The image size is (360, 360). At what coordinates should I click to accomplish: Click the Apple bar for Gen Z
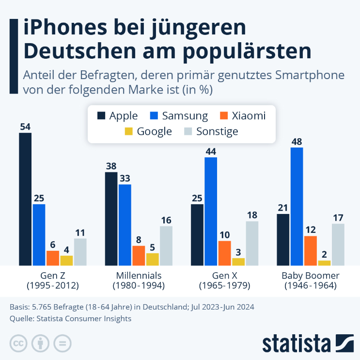click(25, 199)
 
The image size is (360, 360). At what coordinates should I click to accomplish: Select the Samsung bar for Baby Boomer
click(297, 206)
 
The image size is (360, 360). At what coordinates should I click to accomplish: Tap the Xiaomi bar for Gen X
click(224, 253)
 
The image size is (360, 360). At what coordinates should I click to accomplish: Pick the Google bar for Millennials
click(152, 259)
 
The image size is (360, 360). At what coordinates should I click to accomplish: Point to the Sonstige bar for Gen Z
click(80, 252)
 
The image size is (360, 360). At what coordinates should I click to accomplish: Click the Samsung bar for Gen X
click(211, 211)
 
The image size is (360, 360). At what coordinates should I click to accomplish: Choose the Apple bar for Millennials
click(111, 218)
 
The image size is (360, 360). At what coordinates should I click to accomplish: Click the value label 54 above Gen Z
click(25, 127)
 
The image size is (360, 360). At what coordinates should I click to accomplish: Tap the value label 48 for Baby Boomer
click(297, 141)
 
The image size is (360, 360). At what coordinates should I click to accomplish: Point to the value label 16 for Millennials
click(166, 220)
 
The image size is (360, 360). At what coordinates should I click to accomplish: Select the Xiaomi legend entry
click(242, 115)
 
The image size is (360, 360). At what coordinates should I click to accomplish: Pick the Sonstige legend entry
click(211, 131)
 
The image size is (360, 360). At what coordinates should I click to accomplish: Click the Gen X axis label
click(224, 276)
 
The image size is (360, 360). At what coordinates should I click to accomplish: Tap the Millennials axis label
click(139, 276)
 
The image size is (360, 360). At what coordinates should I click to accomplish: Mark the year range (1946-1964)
click(311, 286)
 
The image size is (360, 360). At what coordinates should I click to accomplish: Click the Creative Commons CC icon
click(18, 344)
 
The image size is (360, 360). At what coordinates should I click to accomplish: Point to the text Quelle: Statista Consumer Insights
click(70, 319)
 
